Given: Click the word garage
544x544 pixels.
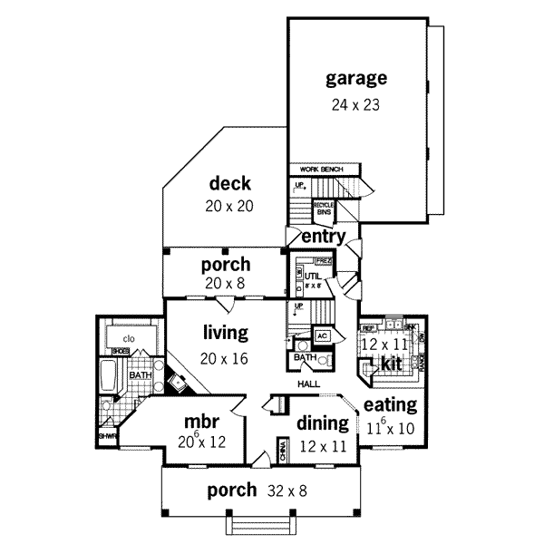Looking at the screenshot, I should [x=356, y=78].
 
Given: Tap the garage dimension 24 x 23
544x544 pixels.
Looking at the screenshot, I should [x=356, y=103].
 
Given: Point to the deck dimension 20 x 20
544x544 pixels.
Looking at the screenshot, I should [x=228, y=206].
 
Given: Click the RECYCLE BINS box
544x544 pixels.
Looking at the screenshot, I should [x=324, y=208].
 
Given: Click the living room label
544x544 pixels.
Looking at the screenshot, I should [x=225, y=334].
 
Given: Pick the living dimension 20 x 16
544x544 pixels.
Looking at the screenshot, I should [x=225, y=358].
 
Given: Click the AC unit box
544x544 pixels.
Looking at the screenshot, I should [x=321, y=335].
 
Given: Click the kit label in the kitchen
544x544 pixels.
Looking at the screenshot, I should [x=390, y=363].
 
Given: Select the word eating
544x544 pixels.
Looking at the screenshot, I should [x=389, y=404].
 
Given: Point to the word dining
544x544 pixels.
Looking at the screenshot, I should [x=323, y=423].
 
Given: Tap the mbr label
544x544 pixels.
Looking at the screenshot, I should [x=199, y=423].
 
